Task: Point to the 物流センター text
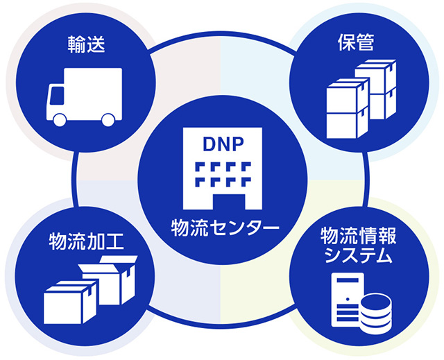pos(221,227)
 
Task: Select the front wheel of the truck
pos(60,119)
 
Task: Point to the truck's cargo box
pos(96,89)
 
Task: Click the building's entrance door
pos(221,201)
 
